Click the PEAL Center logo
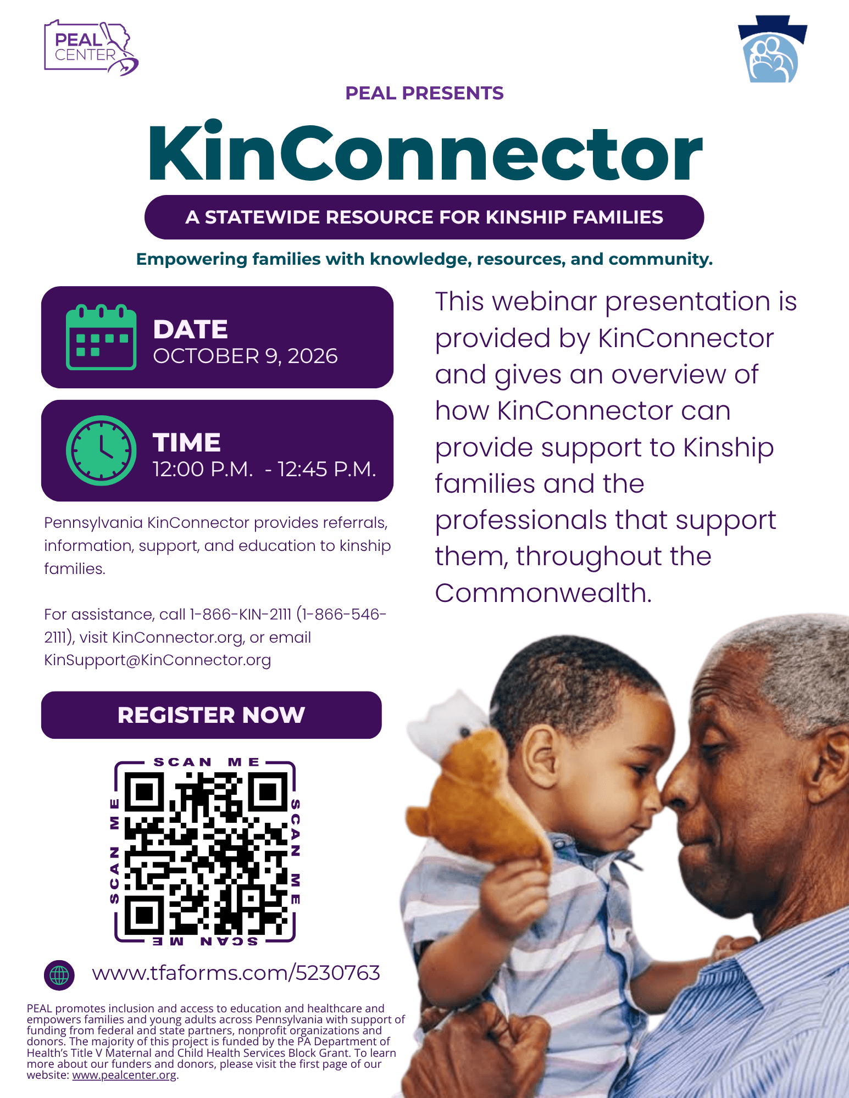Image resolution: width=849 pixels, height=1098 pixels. pos(91,48)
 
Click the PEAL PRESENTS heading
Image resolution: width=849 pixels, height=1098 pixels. pos(424,93)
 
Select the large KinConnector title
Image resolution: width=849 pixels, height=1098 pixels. pos(425,152)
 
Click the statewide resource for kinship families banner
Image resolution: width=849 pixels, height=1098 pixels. pos(424,218)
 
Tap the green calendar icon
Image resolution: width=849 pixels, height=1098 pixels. pos(101,337)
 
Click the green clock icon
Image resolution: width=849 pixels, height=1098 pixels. pos(101,450)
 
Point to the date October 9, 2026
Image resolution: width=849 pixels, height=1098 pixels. pos(245,356)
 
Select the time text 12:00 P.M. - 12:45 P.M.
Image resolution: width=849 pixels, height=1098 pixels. pos(264,470)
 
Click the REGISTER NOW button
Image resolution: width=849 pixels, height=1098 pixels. pos(212,715)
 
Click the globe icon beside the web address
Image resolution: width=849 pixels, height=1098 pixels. pos(59,976)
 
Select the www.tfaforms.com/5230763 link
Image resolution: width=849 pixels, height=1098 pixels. pos(236,973)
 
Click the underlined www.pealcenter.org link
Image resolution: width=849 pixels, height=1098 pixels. pos(125,1075)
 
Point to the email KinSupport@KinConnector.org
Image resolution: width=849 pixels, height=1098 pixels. pos(158,660)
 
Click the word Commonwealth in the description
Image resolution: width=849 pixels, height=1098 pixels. pos(543,593)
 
